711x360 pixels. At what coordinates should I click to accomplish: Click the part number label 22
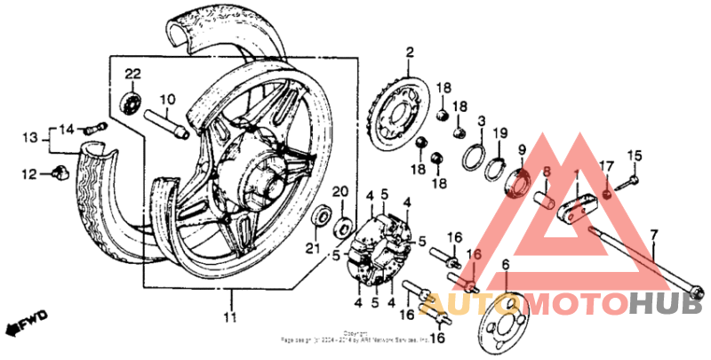point(132,72)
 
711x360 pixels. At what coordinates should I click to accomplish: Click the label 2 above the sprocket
point(410,53)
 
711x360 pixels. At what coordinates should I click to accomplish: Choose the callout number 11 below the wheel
point(230,317)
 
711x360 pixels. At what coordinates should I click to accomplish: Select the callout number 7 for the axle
point(654,236)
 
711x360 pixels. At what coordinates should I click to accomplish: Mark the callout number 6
point(505,264)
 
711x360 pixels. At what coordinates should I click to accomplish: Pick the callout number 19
point(500,133)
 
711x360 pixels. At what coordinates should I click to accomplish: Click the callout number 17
point(607,165)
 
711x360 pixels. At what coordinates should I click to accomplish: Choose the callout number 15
point(635,157)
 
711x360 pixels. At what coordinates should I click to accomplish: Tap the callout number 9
point(523,148)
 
